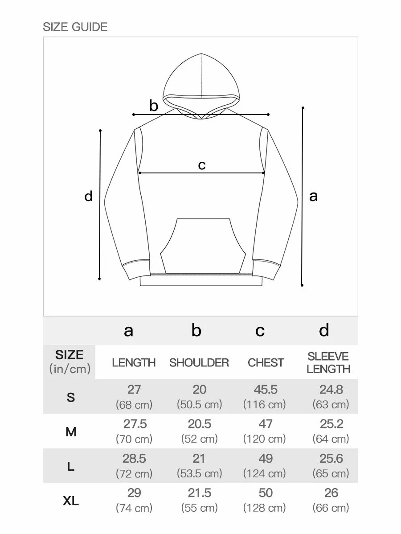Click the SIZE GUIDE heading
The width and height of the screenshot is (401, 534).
tap(75, 27)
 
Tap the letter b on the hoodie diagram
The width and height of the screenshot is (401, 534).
tap(154, 106)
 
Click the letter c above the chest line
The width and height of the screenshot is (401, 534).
tap(202, 165)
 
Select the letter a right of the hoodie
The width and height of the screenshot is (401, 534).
tap(313, 196)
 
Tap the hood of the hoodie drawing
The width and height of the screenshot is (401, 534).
tap(201, 82)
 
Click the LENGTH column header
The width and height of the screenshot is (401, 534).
tap(134, 363)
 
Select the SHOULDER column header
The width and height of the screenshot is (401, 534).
tap(199, 363)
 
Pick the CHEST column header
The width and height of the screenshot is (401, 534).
tap(266, 363)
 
